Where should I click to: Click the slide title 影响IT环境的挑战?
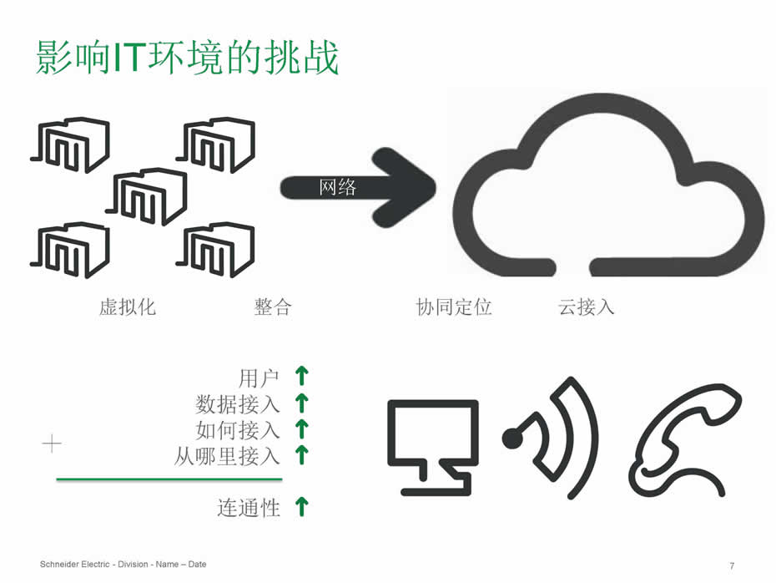tap(188, 57)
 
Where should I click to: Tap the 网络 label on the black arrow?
tap(338, 188)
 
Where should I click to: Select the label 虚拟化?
tap(128, 307)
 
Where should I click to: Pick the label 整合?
tap(272, 307)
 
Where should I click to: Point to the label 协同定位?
tap(454, 307)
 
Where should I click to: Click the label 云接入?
tap(587, 307)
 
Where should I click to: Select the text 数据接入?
tap(238, 404)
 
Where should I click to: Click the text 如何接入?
tap(238, 430)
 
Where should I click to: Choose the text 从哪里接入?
tap(227, 456)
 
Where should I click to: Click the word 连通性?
tap(249, 507)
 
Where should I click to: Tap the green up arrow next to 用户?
tap(302, 377)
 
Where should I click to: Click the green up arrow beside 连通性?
tap(302, 506)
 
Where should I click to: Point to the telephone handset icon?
tap(684, 439)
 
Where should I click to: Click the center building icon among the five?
tap(150, 196)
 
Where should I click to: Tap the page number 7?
tap(732, 565)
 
